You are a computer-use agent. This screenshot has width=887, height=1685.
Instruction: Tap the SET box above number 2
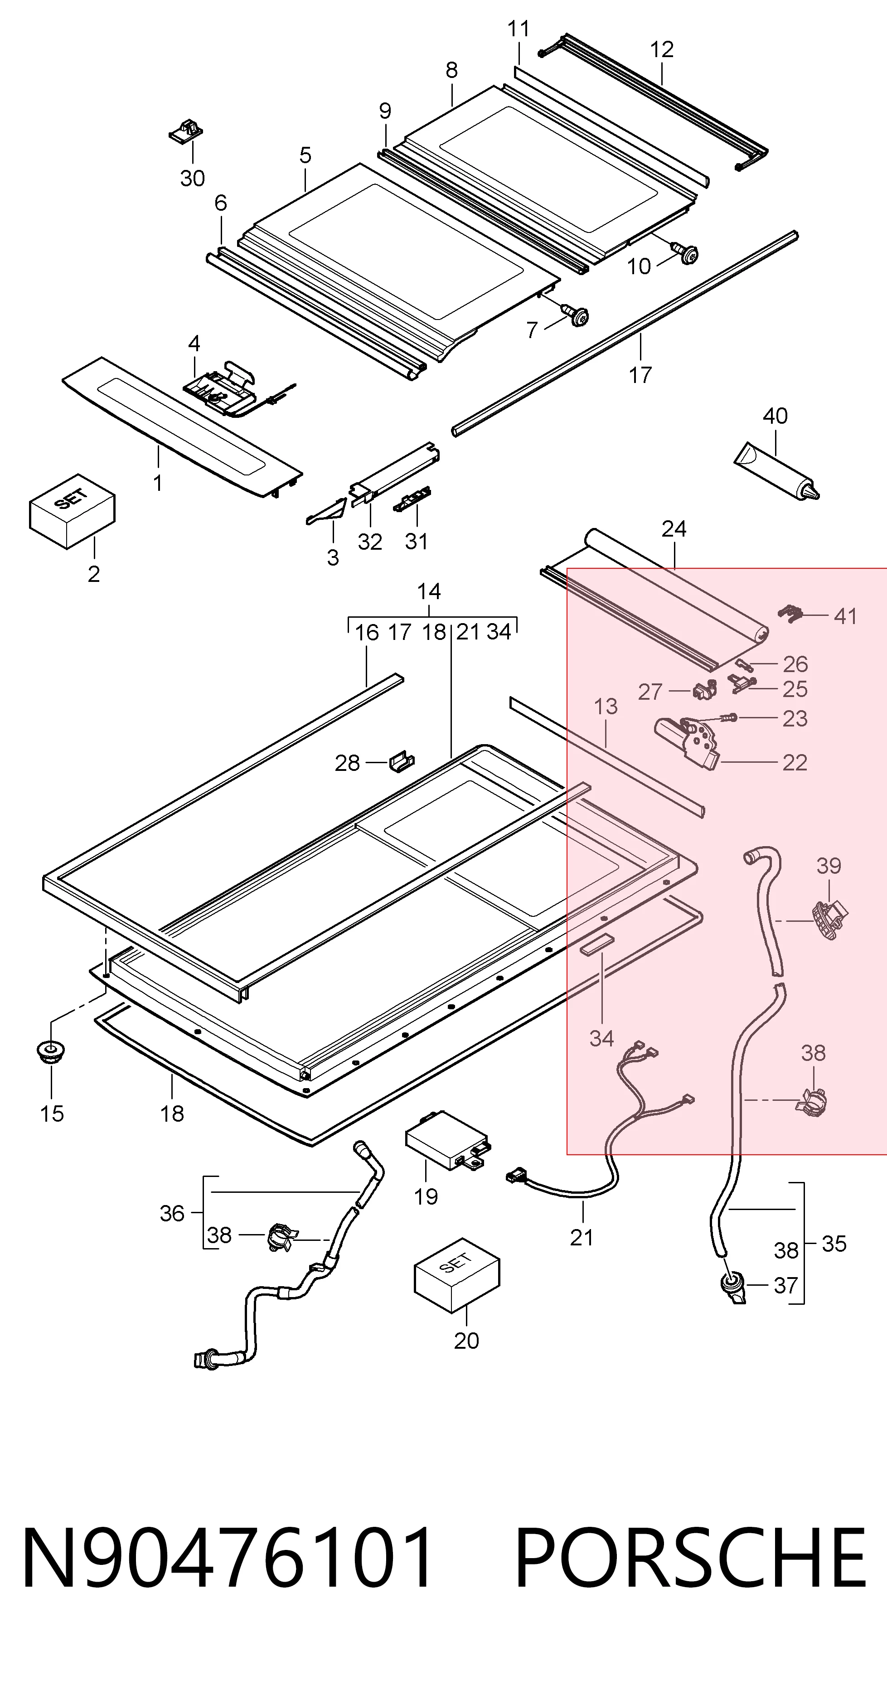pos(72,511)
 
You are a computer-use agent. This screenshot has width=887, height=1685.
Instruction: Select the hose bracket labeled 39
pos(829,918)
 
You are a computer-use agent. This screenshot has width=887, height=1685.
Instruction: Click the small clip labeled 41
pos(791,613)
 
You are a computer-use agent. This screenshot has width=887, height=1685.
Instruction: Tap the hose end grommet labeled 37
pos(732,1287)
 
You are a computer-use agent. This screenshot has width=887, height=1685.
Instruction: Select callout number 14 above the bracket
pos(429,591)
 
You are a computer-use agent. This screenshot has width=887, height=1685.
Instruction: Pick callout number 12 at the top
pos(662,50)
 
